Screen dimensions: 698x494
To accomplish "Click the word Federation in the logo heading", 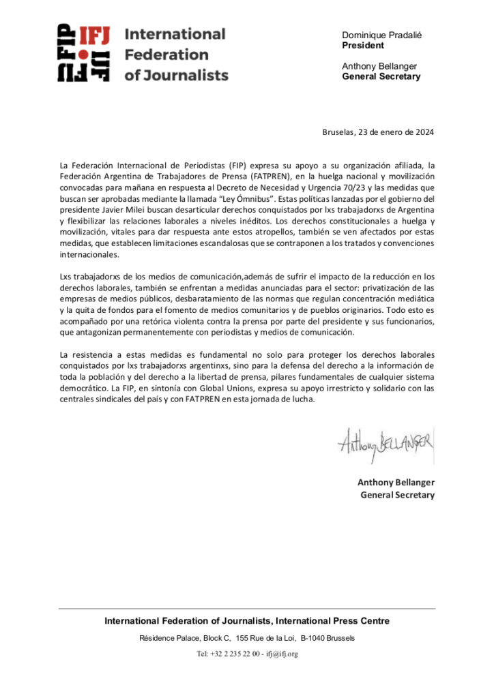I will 157,54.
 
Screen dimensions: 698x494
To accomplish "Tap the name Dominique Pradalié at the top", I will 381,35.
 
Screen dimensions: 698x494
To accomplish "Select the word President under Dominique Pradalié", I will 363,46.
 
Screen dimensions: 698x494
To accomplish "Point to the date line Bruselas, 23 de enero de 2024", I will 378,132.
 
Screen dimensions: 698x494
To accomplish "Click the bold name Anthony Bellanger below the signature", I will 396,483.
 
